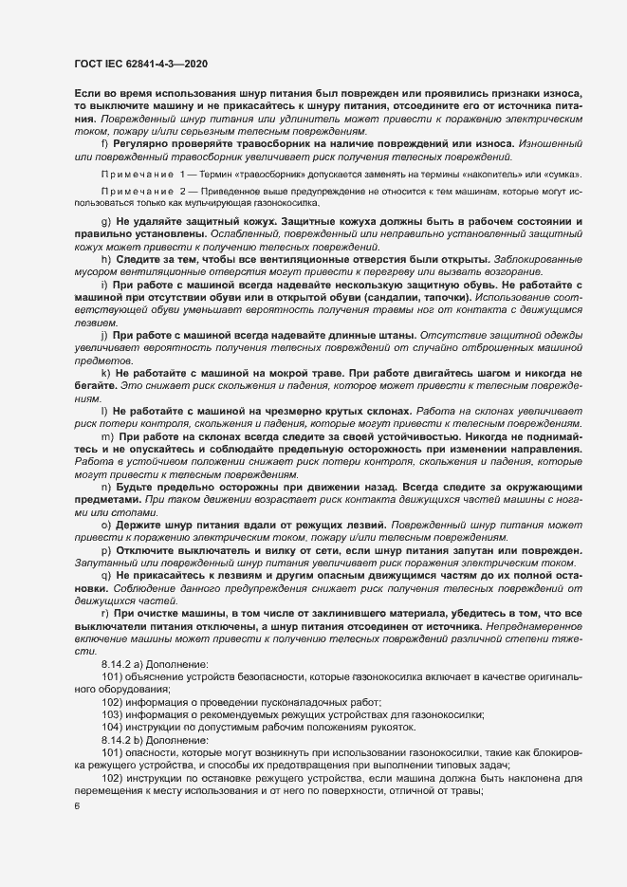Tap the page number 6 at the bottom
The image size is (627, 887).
[76, 806]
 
